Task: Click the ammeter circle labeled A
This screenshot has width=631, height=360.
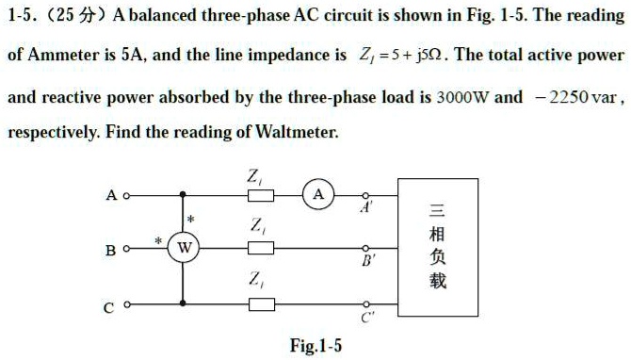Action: (319, 195)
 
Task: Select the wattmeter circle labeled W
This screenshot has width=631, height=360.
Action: (185, 249)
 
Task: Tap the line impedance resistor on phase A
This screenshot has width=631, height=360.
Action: (260, 196)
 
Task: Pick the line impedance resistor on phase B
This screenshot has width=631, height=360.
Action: (260, 249)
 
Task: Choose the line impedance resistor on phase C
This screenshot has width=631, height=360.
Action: (260, 303)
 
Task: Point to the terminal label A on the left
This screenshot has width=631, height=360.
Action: (111, 196)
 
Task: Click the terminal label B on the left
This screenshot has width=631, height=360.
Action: (111, 251)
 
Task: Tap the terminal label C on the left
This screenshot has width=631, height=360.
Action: (111, 305)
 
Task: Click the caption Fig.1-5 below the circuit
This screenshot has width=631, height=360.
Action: (315, 346)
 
